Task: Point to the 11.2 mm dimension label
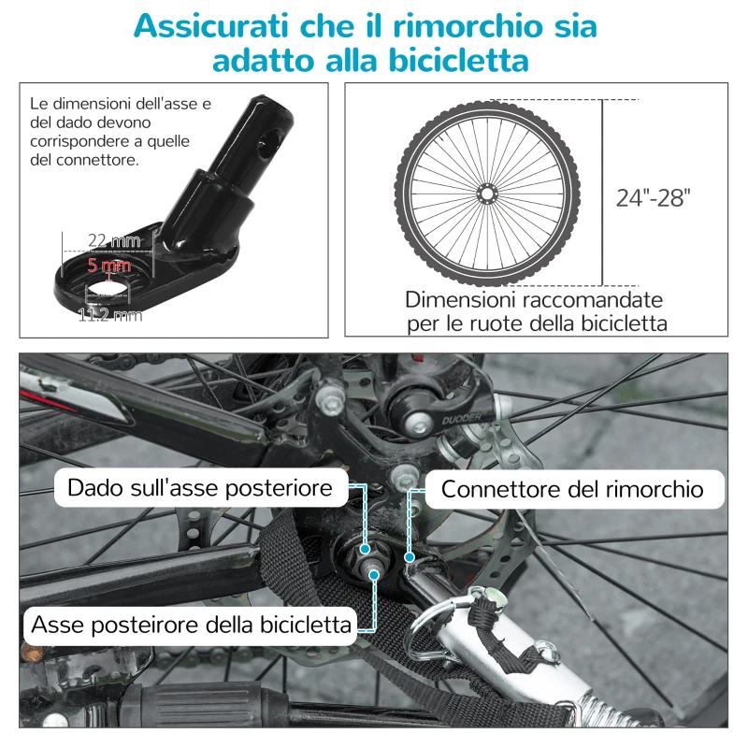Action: (110, 315)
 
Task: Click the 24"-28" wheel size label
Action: (653, 197)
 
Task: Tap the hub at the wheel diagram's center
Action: (486, 193)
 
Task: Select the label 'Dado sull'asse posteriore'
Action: (200, 488)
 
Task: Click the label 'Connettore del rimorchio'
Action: (571, 489)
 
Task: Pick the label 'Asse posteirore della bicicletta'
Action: (193, 624)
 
